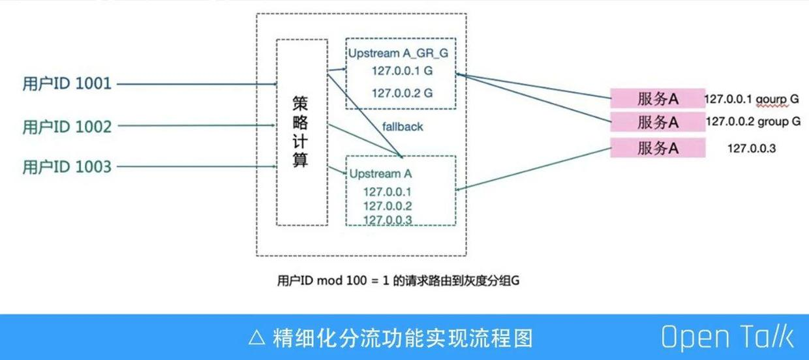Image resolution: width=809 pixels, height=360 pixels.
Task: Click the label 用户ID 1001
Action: click(67, 83)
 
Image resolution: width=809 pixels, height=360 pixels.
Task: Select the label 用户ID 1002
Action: click(67, 126)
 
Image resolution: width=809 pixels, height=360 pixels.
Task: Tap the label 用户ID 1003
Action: click(67, 167)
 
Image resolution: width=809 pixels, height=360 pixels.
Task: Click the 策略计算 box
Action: click(301, 132)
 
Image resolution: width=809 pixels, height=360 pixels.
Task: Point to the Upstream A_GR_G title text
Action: click(398, 53)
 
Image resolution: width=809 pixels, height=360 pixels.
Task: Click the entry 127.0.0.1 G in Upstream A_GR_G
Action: click(402, 70)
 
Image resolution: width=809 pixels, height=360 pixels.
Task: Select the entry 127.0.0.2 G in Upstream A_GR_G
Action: click(402, 93)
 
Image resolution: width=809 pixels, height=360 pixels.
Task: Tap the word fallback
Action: click(403, 127)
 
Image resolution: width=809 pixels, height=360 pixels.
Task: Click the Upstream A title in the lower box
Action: click(381, 173)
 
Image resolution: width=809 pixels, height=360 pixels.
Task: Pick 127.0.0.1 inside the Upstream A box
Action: click(388, 192)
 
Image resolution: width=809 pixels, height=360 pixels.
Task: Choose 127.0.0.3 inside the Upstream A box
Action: click(388, 220)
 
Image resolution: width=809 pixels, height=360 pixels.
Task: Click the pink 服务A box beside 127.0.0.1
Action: click(657, 99)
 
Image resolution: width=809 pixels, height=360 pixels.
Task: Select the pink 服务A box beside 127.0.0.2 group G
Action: click(657, 121)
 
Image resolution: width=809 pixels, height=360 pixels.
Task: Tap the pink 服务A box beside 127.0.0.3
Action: click(657, 148)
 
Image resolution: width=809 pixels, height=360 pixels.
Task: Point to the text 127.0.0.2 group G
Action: click(753, 121)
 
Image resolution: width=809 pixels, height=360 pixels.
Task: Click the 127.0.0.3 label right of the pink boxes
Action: click(752, 149)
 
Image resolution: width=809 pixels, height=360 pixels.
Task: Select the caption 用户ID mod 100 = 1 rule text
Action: click(398, 281)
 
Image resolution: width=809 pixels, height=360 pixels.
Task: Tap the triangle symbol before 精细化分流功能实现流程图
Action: click(256, 338)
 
